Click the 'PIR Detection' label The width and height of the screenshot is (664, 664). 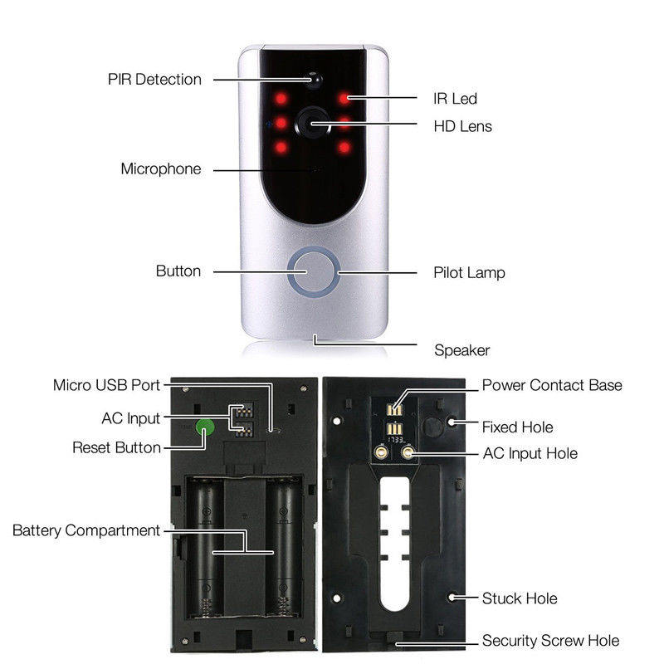point(154,80)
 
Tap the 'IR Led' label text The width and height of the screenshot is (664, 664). point(456,99)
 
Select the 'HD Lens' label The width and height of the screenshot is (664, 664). point(463,126)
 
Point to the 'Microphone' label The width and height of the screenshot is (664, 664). point(161,169)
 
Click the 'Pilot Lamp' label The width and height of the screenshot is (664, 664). point(469,272)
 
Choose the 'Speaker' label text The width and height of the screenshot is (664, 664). point(462,349)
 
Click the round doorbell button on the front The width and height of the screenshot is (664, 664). point(313,271)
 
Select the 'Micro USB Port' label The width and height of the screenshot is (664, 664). point(106,385)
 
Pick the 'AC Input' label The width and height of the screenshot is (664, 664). point(131,417)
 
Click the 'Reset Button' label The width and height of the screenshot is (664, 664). point(116,447)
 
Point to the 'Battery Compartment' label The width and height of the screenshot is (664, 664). point(86,530)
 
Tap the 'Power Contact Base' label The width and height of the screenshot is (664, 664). point(552,385)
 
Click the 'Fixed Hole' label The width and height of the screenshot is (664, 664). point(517,427)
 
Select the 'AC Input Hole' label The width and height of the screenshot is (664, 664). point(530,453)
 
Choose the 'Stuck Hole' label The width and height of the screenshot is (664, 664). point(520,598)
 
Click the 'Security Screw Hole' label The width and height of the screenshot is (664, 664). point(550,640)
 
